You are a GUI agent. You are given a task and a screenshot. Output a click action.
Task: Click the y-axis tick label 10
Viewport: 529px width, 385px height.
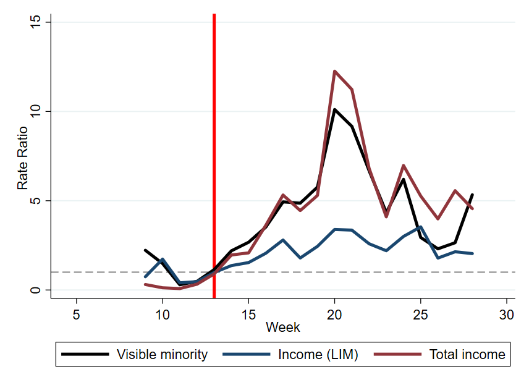pos(35,111)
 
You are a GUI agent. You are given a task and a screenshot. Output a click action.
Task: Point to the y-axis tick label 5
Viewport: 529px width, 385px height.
pos(35,201)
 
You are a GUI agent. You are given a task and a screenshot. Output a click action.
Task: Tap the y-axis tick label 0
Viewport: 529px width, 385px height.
pos(35,290)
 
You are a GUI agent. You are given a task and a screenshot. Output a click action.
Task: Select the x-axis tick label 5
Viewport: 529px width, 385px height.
pos(76,313)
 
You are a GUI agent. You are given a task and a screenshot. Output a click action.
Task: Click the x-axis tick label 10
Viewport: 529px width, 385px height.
pos(162,313)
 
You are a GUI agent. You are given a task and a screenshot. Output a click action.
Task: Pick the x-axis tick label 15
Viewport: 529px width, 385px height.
pos(248,313)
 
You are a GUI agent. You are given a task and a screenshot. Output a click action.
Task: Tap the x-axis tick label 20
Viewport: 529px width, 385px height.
pos(334,313)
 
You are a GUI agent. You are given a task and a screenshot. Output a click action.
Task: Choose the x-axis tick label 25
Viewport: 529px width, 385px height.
pos(420,313)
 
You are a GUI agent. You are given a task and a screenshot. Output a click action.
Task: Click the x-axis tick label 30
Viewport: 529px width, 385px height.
pos(506,313)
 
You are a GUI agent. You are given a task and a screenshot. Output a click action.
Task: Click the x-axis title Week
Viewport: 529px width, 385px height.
pos(283,328)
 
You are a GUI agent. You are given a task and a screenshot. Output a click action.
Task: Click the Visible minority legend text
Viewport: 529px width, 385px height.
pos(162,354)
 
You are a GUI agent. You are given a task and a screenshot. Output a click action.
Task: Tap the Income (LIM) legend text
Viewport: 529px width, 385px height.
pos(318,354)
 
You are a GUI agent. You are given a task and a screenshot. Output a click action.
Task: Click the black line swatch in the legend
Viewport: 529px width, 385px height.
pos(86,354)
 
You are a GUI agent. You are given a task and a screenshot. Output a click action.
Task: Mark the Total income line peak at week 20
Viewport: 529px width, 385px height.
pos(334,71)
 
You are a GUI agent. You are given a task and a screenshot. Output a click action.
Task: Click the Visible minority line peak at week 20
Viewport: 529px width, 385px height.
pos(334,109)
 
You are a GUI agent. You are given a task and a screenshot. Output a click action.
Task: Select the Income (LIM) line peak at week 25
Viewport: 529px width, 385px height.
pos(420,227)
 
